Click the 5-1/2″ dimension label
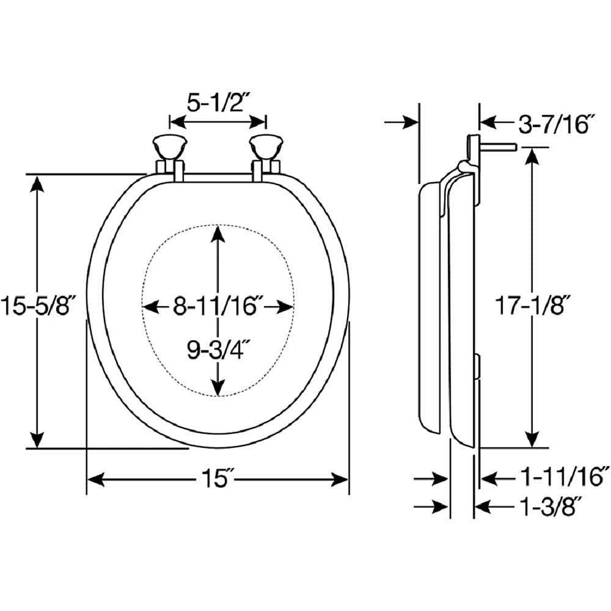tap(218, 103)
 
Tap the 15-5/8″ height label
tap(37, 305)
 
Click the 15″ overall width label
tap(216, 478)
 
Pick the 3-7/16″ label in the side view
tap(557, 124)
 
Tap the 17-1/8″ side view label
tap(533, 305)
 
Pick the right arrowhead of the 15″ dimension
tap(338, 479)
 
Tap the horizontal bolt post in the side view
tap(499, 147)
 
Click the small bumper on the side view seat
tap(478, 366)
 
